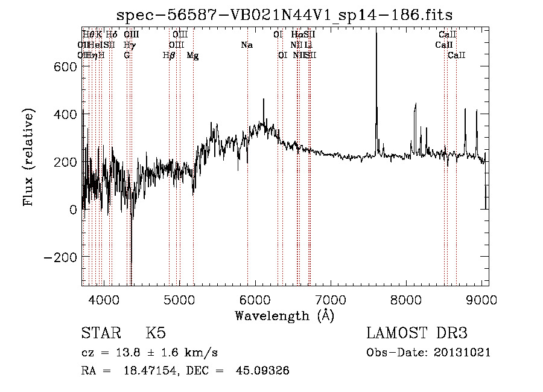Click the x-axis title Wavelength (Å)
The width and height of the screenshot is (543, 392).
tap(284, 315)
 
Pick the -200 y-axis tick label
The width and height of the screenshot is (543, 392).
tap(59, 257)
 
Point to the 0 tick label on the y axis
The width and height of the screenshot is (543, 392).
tap(73, 210)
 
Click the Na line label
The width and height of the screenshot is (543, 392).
tap(246, 45)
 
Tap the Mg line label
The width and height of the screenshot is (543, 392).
tap(192, 56)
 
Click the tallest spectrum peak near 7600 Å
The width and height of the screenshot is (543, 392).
tap(376, 34)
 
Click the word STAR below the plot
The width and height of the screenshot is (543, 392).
tap(100, 333)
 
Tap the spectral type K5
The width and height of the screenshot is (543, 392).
tap(156, 333)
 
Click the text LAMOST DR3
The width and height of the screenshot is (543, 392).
tap(417, 333)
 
